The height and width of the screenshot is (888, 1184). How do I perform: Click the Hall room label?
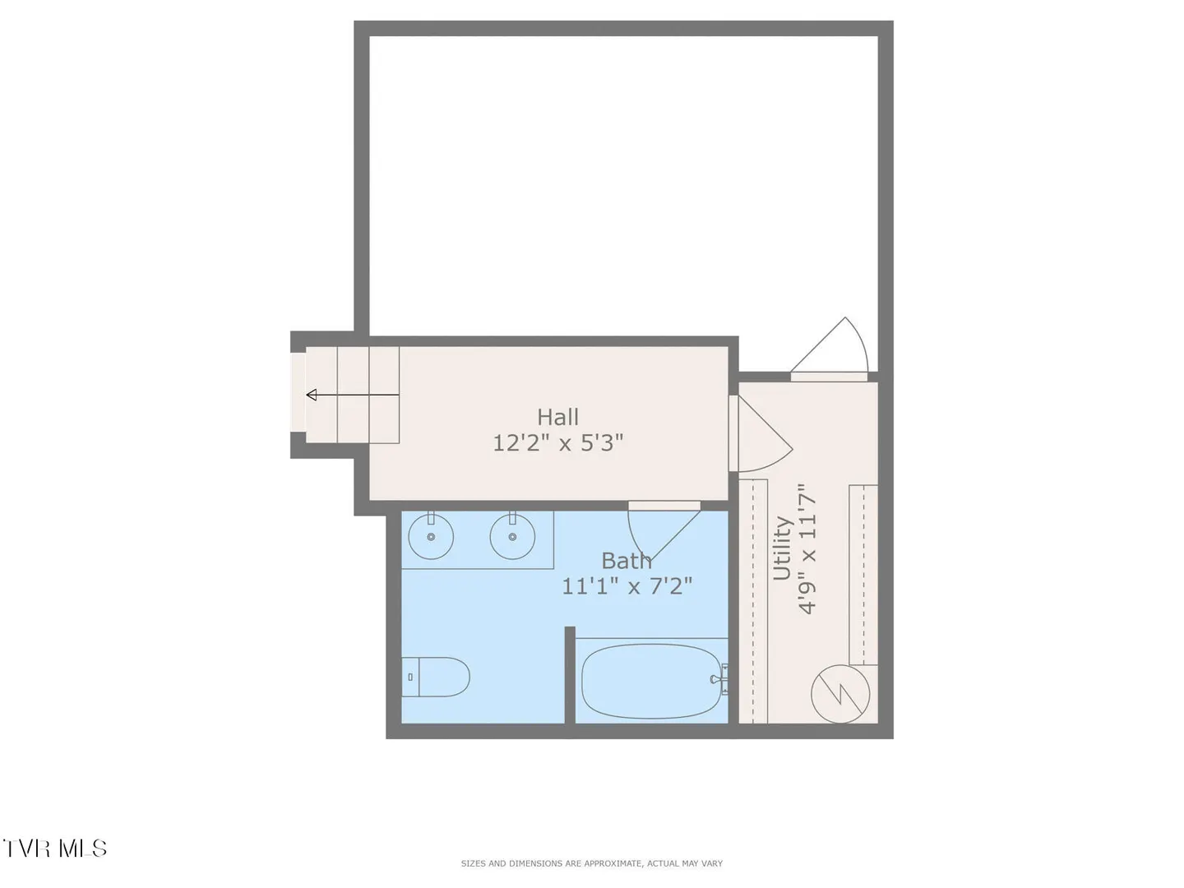click(557, 417)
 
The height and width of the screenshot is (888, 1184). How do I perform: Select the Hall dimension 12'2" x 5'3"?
click(557, 443)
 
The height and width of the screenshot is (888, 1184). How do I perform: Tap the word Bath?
click(627, 562)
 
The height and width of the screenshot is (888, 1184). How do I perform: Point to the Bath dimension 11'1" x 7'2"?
click(627, 586)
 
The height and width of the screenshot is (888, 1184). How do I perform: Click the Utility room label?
click(782, 548)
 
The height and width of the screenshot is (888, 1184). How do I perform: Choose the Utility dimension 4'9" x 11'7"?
click(807, 548)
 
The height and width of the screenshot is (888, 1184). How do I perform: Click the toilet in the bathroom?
click(435, 677)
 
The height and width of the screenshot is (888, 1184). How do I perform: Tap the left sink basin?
click(431, 536)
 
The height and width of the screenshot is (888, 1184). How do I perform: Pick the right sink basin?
click(512, 536)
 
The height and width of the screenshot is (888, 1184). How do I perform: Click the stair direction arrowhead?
click(312, 395)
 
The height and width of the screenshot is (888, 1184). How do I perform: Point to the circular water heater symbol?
click(840, 694)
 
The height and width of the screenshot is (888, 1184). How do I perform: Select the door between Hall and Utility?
click(761, 433)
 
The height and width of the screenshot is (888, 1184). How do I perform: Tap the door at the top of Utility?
click(830, 349)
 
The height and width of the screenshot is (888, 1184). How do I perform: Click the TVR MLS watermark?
click(54, 848)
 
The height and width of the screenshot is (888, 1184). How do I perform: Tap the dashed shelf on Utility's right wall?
click(863, 575)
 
